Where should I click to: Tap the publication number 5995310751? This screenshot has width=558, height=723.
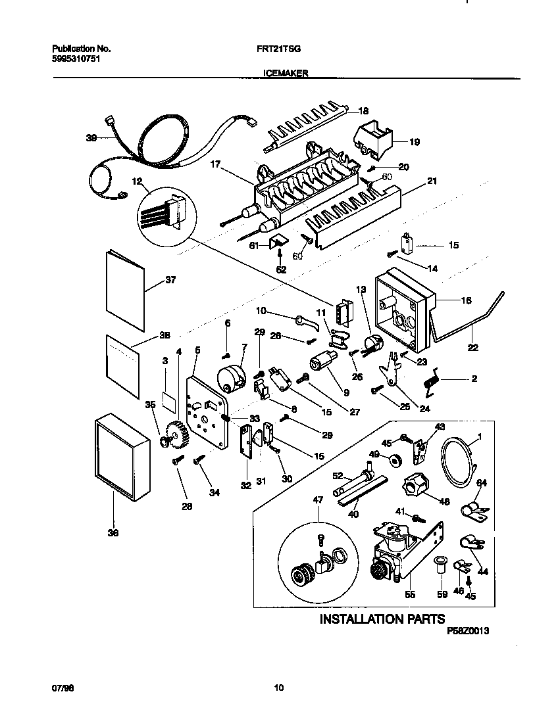coord(76,58)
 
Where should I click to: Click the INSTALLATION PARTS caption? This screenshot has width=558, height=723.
coord(382,618)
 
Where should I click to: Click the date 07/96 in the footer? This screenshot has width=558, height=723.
coord(61,688)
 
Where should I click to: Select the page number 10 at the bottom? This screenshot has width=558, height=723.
coord(279,688)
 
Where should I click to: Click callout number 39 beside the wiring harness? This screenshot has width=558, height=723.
coord(91,138)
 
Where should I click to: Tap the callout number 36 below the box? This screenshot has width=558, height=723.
coord(113,533)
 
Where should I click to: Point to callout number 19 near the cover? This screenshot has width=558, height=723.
coord(414,141)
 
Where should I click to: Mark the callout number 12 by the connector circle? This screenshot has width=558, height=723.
coord(137,181)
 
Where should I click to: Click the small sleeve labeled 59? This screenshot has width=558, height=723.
coord(440,565)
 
